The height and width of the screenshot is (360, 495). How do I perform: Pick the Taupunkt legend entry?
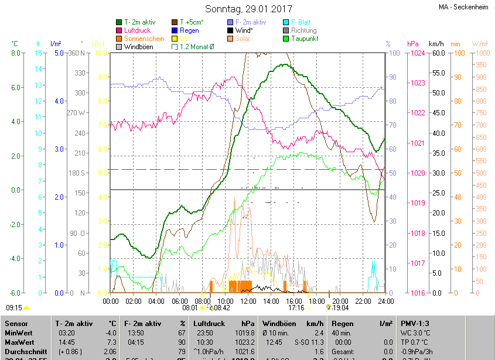(x=305, y=39)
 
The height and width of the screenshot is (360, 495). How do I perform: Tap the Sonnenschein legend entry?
(x=144, y=39)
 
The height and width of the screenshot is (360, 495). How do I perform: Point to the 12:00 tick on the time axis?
(x=248, y=301)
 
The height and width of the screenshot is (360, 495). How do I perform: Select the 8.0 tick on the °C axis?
(x=15, y=53)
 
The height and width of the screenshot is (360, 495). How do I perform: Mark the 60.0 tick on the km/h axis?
(x=437, y=53)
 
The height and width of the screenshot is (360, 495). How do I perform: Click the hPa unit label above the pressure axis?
(x=413, y=44)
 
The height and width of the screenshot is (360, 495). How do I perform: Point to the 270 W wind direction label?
(x=76, y=112)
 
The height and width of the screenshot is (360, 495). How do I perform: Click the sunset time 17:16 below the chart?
(x=296, y=307)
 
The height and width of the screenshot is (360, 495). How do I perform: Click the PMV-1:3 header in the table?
(x=415, y=323)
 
